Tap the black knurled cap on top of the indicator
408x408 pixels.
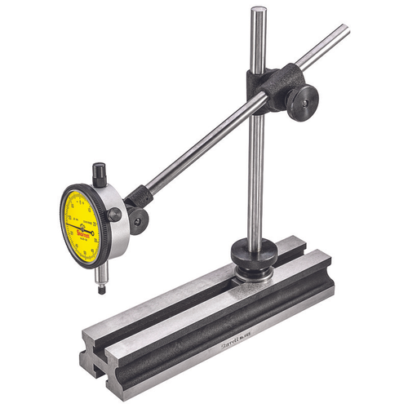(x=100, y=173)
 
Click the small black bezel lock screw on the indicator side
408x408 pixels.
(x=115, y=215)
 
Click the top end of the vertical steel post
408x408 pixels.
(x=258, y=11)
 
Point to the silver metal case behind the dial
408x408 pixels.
(x=118, y=237)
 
